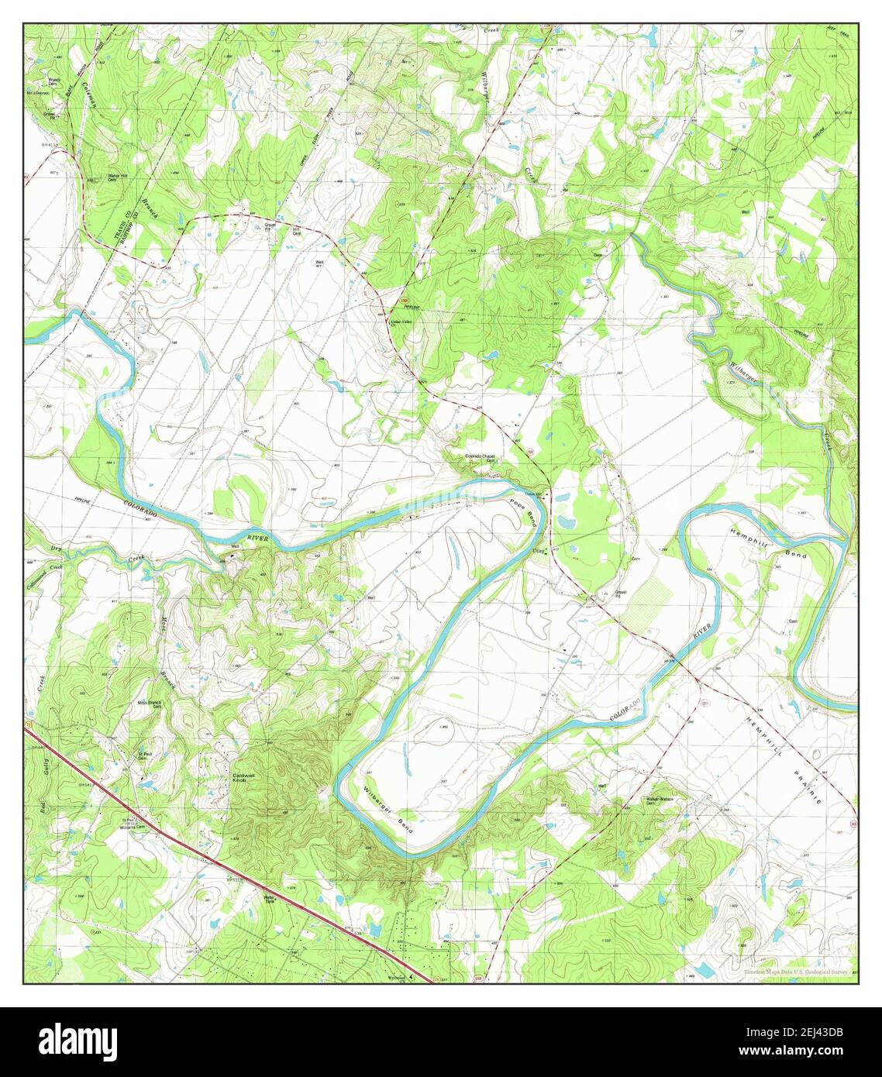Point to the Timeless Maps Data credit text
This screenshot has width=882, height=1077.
[x=794, y=972]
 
